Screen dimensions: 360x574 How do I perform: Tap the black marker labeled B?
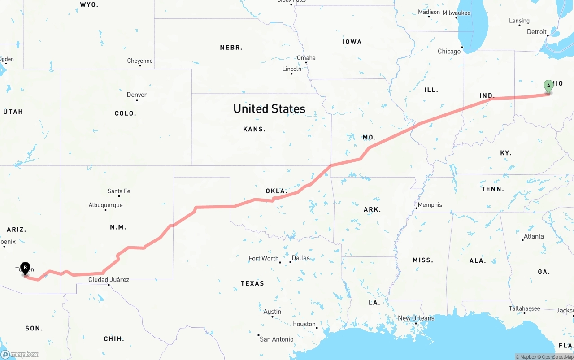click(x=26, y=269)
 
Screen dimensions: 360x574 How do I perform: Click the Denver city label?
click(x=137, y=95)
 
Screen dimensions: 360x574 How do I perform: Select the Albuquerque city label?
click(x=105, y=205)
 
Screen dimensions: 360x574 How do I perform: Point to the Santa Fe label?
click(x=119, y=191)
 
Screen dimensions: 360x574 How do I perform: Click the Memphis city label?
click(x=430, y=205)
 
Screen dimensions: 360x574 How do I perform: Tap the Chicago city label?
click(x=449, y=51)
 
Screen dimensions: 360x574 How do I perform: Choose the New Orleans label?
click(x=416, y=318)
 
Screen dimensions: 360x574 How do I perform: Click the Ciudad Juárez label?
click(x=109, y=280)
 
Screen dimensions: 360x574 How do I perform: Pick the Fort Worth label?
click(x=264, y=258)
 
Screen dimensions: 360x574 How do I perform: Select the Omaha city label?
click(x=306, y=58)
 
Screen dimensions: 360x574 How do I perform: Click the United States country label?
click(x=269, y=108)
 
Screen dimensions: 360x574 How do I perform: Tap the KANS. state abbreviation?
click(x=254, y=129)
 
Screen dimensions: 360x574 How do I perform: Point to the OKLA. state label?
click(x=276, y=191)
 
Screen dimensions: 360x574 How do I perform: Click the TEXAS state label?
click(x=252, y=283)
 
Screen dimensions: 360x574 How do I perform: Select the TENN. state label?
click(x=493, y=189)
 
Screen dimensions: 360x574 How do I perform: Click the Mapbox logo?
click(x=20, y=354)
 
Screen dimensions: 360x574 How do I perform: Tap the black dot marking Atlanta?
click(x=522, y=240)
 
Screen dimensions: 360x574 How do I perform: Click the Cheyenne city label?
click(x=140, y=61)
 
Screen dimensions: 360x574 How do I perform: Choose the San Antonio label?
click(x=277, y=339)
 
